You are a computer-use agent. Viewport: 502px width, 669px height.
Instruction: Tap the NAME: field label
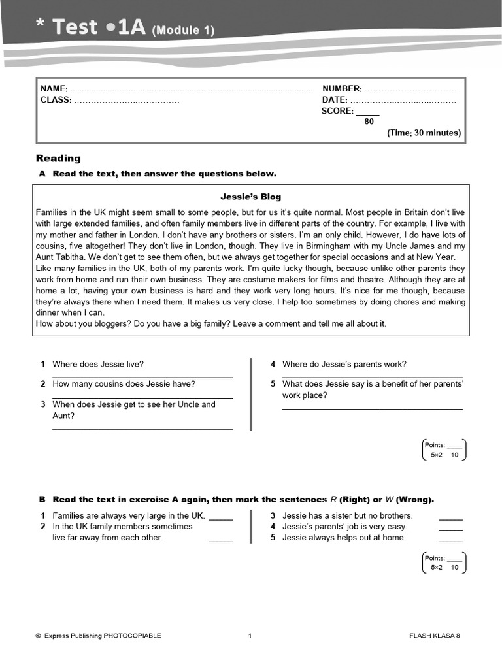point(54,89)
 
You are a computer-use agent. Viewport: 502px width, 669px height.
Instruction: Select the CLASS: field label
point(56,100)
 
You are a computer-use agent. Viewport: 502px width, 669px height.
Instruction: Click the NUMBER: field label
point(341,89)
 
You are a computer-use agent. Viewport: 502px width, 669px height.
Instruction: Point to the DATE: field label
point(335,100)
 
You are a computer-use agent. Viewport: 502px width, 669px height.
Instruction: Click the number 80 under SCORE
point(369,122)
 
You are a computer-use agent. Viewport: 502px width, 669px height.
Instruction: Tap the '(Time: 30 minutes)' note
point(424,133)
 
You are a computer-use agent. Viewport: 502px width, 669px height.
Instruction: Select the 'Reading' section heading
point(58,158)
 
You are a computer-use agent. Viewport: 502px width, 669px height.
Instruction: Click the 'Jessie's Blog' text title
point(251,197)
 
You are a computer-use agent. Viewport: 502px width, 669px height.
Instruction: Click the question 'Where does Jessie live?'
point(98,364)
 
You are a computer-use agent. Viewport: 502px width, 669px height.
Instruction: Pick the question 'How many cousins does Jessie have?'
point(124,384)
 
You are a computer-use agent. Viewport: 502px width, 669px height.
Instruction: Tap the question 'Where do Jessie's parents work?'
point(344,364)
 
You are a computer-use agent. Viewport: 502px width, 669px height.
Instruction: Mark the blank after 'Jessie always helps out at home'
point(450,539)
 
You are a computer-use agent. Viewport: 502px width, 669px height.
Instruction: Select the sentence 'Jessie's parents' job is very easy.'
point(344,527)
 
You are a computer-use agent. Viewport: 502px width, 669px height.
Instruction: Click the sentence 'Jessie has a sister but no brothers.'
point(347,515)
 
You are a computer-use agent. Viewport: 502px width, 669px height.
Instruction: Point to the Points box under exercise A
point(444,449)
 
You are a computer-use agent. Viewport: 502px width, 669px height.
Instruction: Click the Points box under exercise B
point(444,563)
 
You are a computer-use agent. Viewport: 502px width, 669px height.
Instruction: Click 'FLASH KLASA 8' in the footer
point(434,636)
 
